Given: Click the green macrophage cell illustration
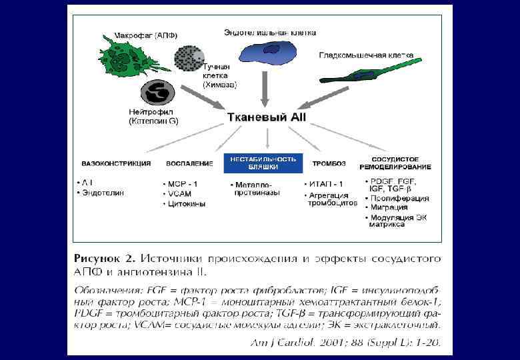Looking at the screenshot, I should point(124,56).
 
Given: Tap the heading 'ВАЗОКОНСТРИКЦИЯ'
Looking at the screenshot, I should point(116,163).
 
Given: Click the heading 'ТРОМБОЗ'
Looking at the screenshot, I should point(327,163).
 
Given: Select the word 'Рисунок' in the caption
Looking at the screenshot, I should point(98,257).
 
